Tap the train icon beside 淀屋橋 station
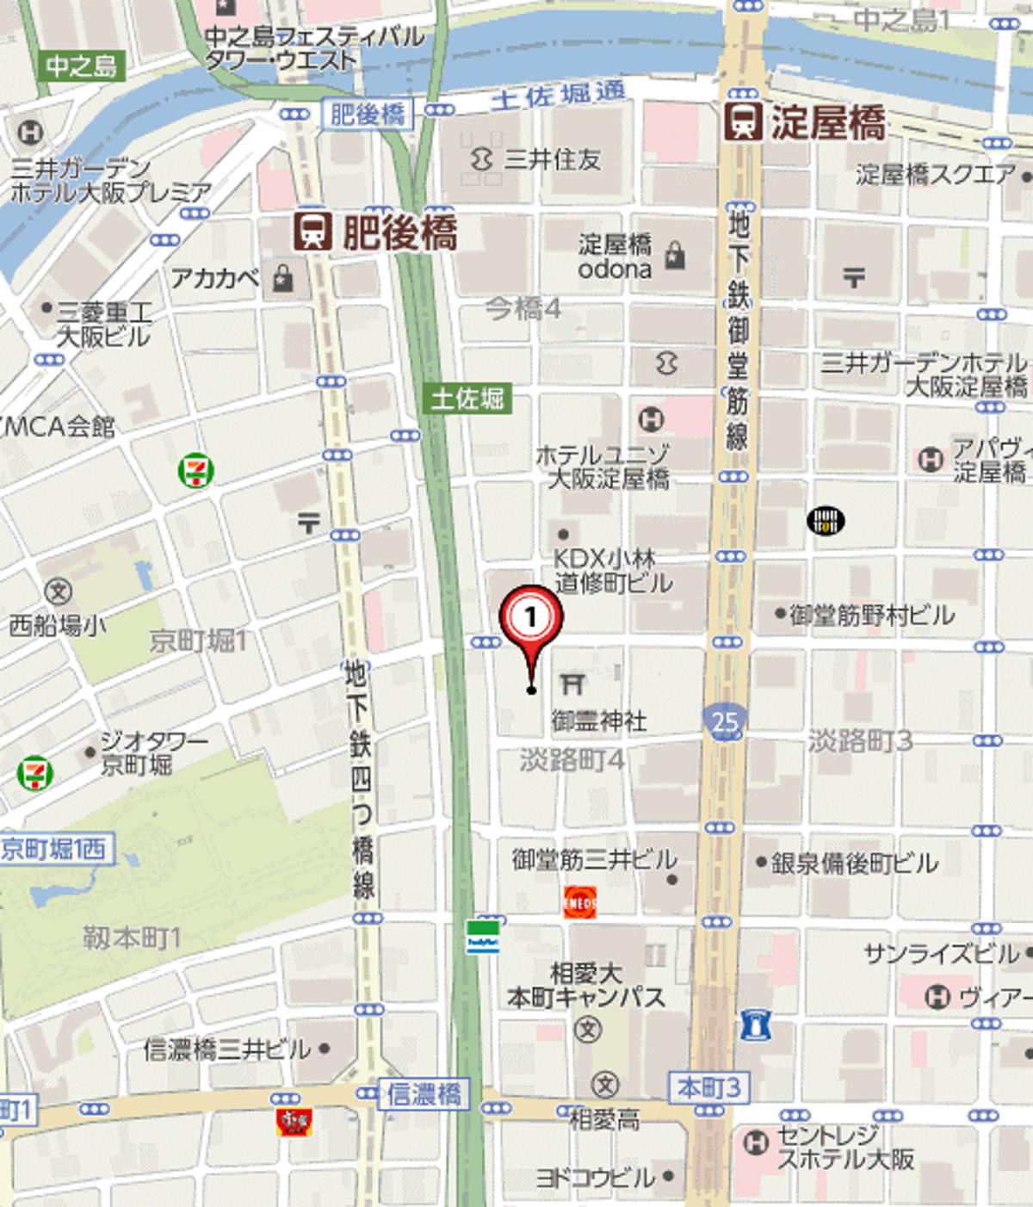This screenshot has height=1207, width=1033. [x=742, y=121]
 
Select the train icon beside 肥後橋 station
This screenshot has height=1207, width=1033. [x=313, y=232]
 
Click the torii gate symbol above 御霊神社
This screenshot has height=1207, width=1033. [x=572, y=684]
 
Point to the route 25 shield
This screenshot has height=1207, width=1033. [x=725, y=721]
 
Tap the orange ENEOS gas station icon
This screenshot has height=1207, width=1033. [x=579, y=903]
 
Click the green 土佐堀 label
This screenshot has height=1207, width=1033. [x=467, y=399]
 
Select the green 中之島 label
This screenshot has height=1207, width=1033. [x=82, y=66]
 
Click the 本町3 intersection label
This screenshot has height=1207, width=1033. [x=708, y=1088]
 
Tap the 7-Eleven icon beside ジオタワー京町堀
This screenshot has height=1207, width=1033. [x=34, y=772]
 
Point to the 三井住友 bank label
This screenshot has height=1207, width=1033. [x=551, y=159]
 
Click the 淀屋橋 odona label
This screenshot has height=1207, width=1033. [x=615, y=257]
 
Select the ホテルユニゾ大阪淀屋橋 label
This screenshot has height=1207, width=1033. [x=603, y=467]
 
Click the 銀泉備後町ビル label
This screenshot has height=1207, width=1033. [x=853, y=863]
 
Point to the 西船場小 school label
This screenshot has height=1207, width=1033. [x=57, y=625]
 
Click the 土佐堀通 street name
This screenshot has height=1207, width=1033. [x=558, y=96]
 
